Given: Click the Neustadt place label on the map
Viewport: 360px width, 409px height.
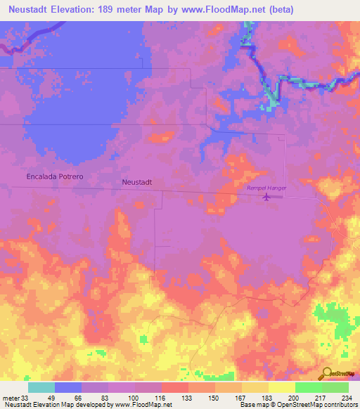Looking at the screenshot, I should [137, 181].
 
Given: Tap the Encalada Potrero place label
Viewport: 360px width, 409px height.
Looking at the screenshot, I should [54, 176].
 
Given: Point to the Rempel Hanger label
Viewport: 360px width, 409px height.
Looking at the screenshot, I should [266, 188].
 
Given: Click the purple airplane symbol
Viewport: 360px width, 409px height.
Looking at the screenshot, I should [266, 197].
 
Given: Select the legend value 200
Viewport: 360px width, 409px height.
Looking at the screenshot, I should [294, 397].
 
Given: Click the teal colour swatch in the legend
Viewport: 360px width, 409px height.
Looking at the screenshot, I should [41, 387].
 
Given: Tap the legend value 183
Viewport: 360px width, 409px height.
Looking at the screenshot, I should [267, 397].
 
